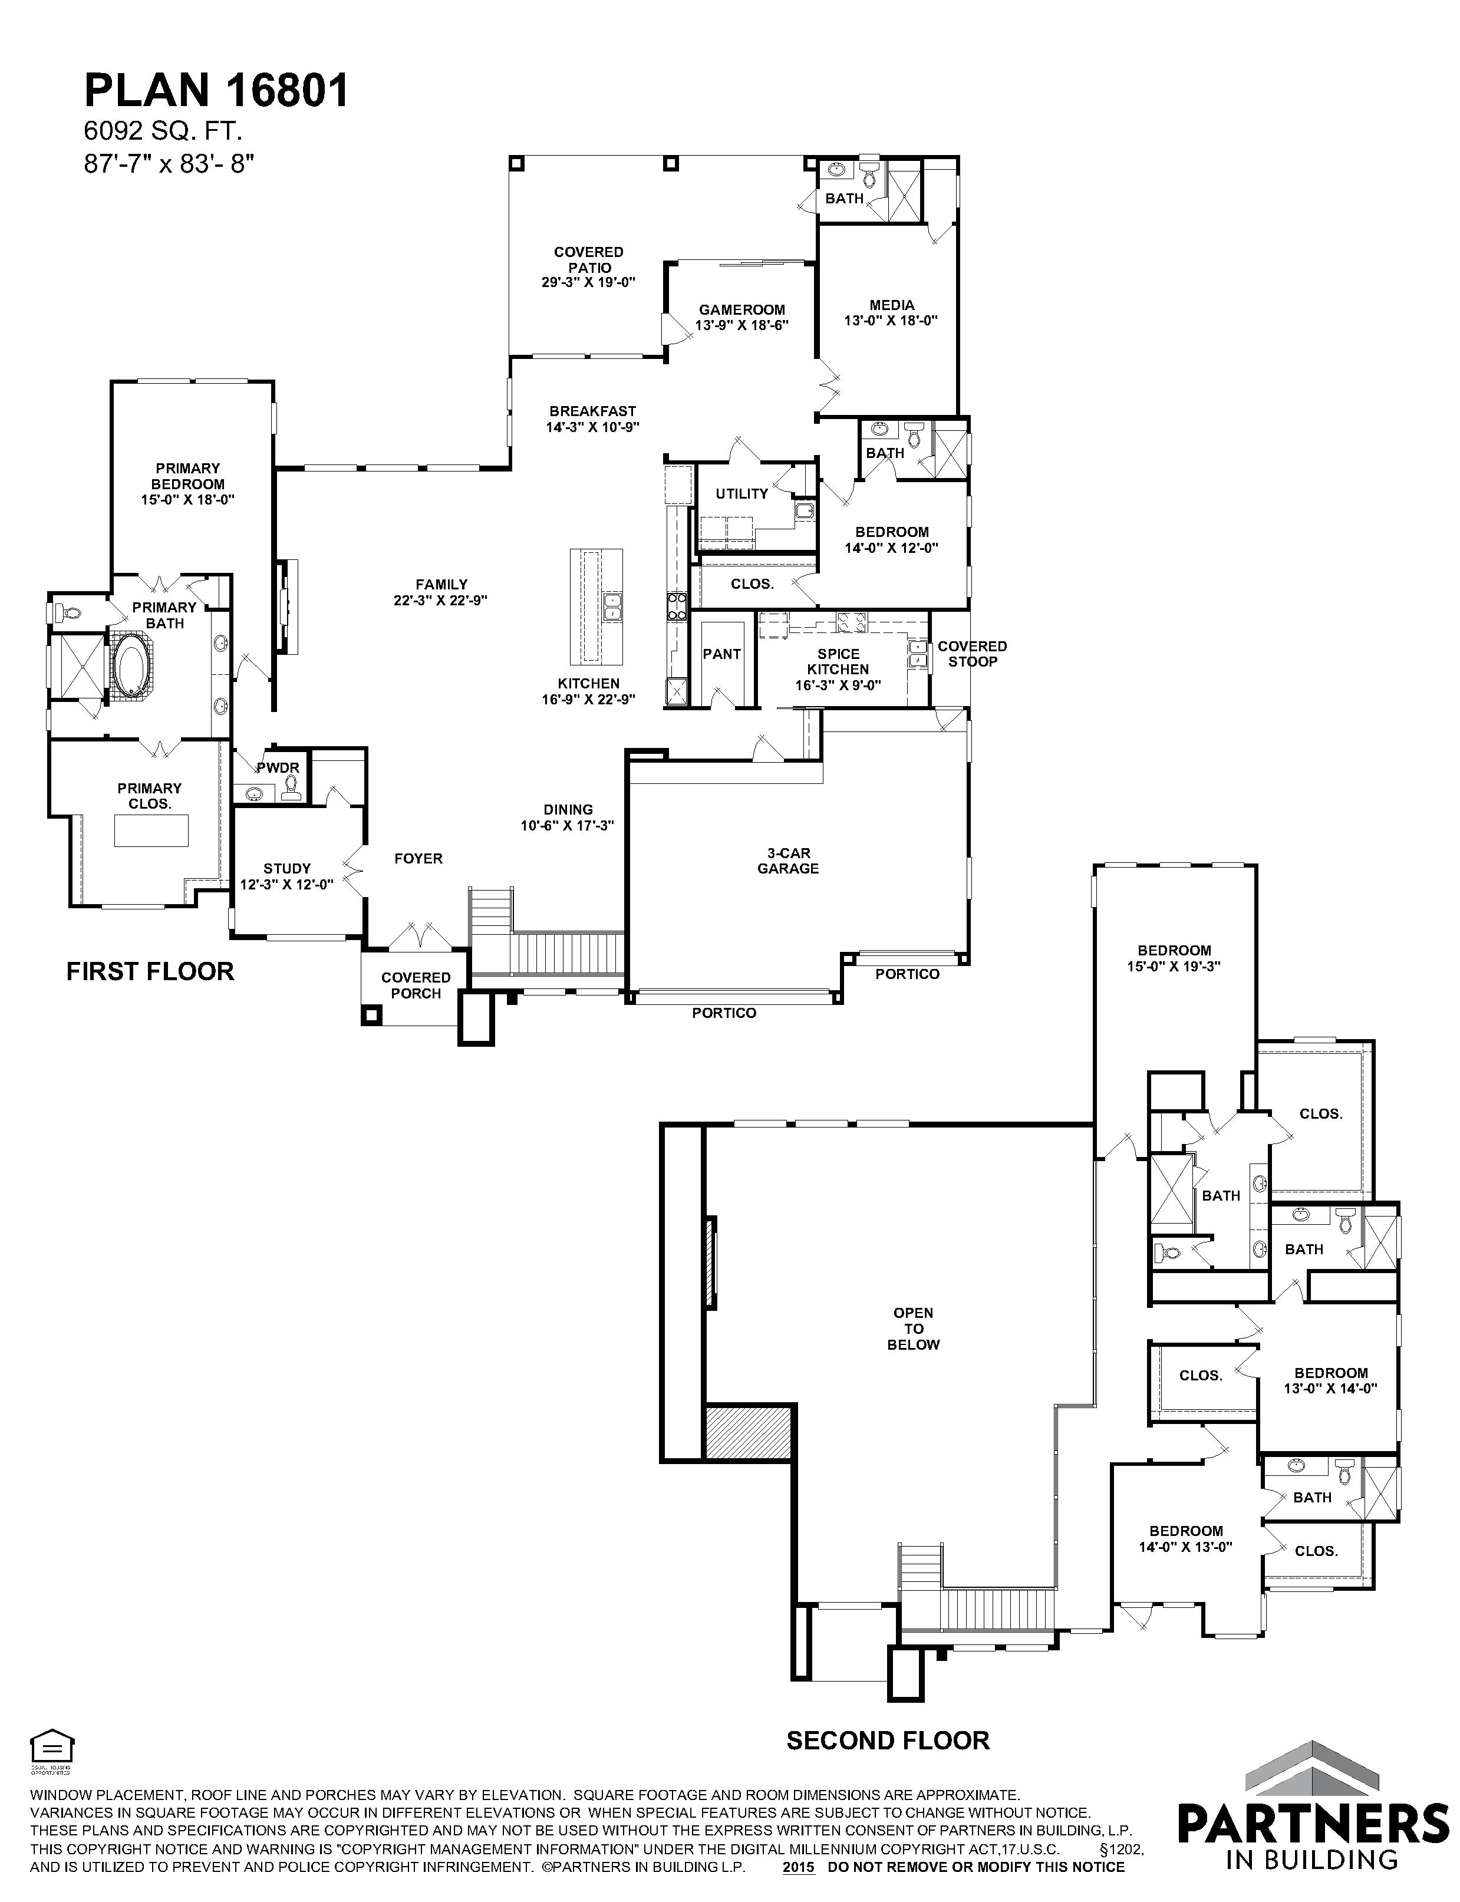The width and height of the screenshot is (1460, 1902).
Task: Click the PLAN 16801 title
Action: tap(216, 90)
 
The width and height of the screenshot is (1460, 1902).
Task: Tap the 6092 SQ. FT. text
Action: tap(163, 131)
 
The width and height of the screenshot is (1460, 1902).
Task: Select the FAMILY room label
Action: tap(441, 585)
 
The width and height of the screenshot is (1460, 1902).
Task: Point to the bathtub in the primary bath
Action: tap(132, 665)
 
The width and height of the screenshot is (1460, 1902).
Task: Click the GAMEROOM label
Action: tap(741, 309)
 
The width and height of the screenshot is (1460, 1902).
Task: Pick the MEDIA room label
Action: tap(892, 305)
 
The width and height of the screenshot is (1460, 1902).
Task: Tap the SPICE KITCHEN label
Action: tap(838, 661)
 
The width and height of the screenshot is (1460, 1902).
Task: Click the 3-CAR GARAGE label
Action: tap(787, 860)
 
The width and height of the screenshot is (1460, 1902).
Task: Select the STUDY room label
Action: tap(287, 868)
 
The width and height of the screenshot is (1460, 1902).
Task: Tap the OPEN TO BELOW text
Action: tap(914, 1329)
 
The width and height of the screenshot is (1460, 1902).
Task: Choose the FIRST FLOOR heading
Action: tap(150, 971)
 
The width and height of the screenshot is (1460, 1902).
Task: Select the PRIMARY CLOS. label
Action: tap(150, 796)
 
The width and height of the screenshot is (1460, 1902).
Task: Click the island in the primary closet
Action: tap(151, 832)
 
